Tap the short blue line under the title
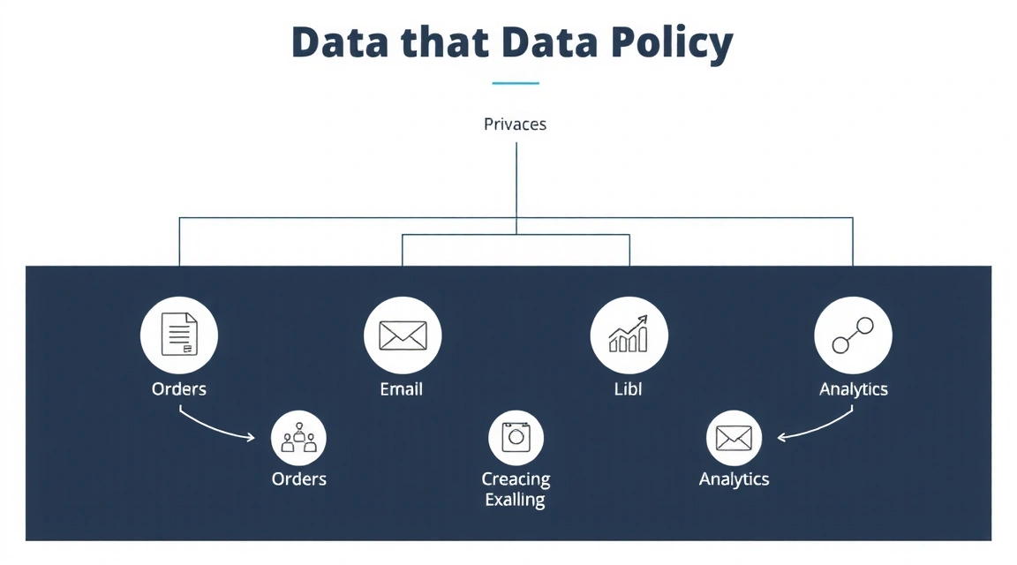[x=516, y=84]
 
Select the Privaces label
[x=516, y=124]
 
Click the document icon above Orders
[x=178, y=335]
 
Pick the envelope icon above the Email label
[x=403, y=335]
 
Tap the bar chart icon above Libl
[x=629, y=335]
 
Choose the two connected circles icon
[x=853, y=335]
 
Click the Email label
[x=402, y=389]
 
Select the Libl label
[x=628, y=389]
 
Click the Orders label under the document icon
[x=179, y=389]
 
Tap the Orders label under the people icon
[x=299, y=479]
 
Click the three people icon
[x=299, y=438]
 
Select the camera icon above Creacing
[x=516, y=438]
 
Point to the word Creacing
[x=516, y=479]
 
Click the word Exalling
[x=516, y=501]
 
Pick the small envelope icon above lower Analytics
[x=734, y=438]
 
